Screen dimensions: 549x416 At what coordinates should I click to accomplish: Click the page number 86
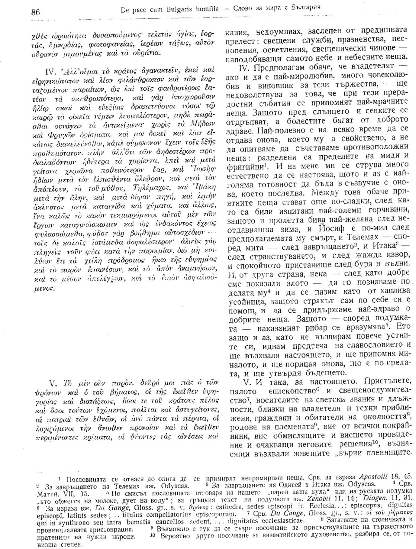click(x=35, y=12)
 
